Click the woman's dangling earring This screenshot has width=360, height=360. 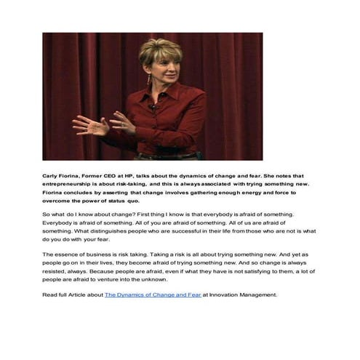coord(148,79)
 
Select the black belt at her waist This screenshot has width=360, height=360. coord(167,155)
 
